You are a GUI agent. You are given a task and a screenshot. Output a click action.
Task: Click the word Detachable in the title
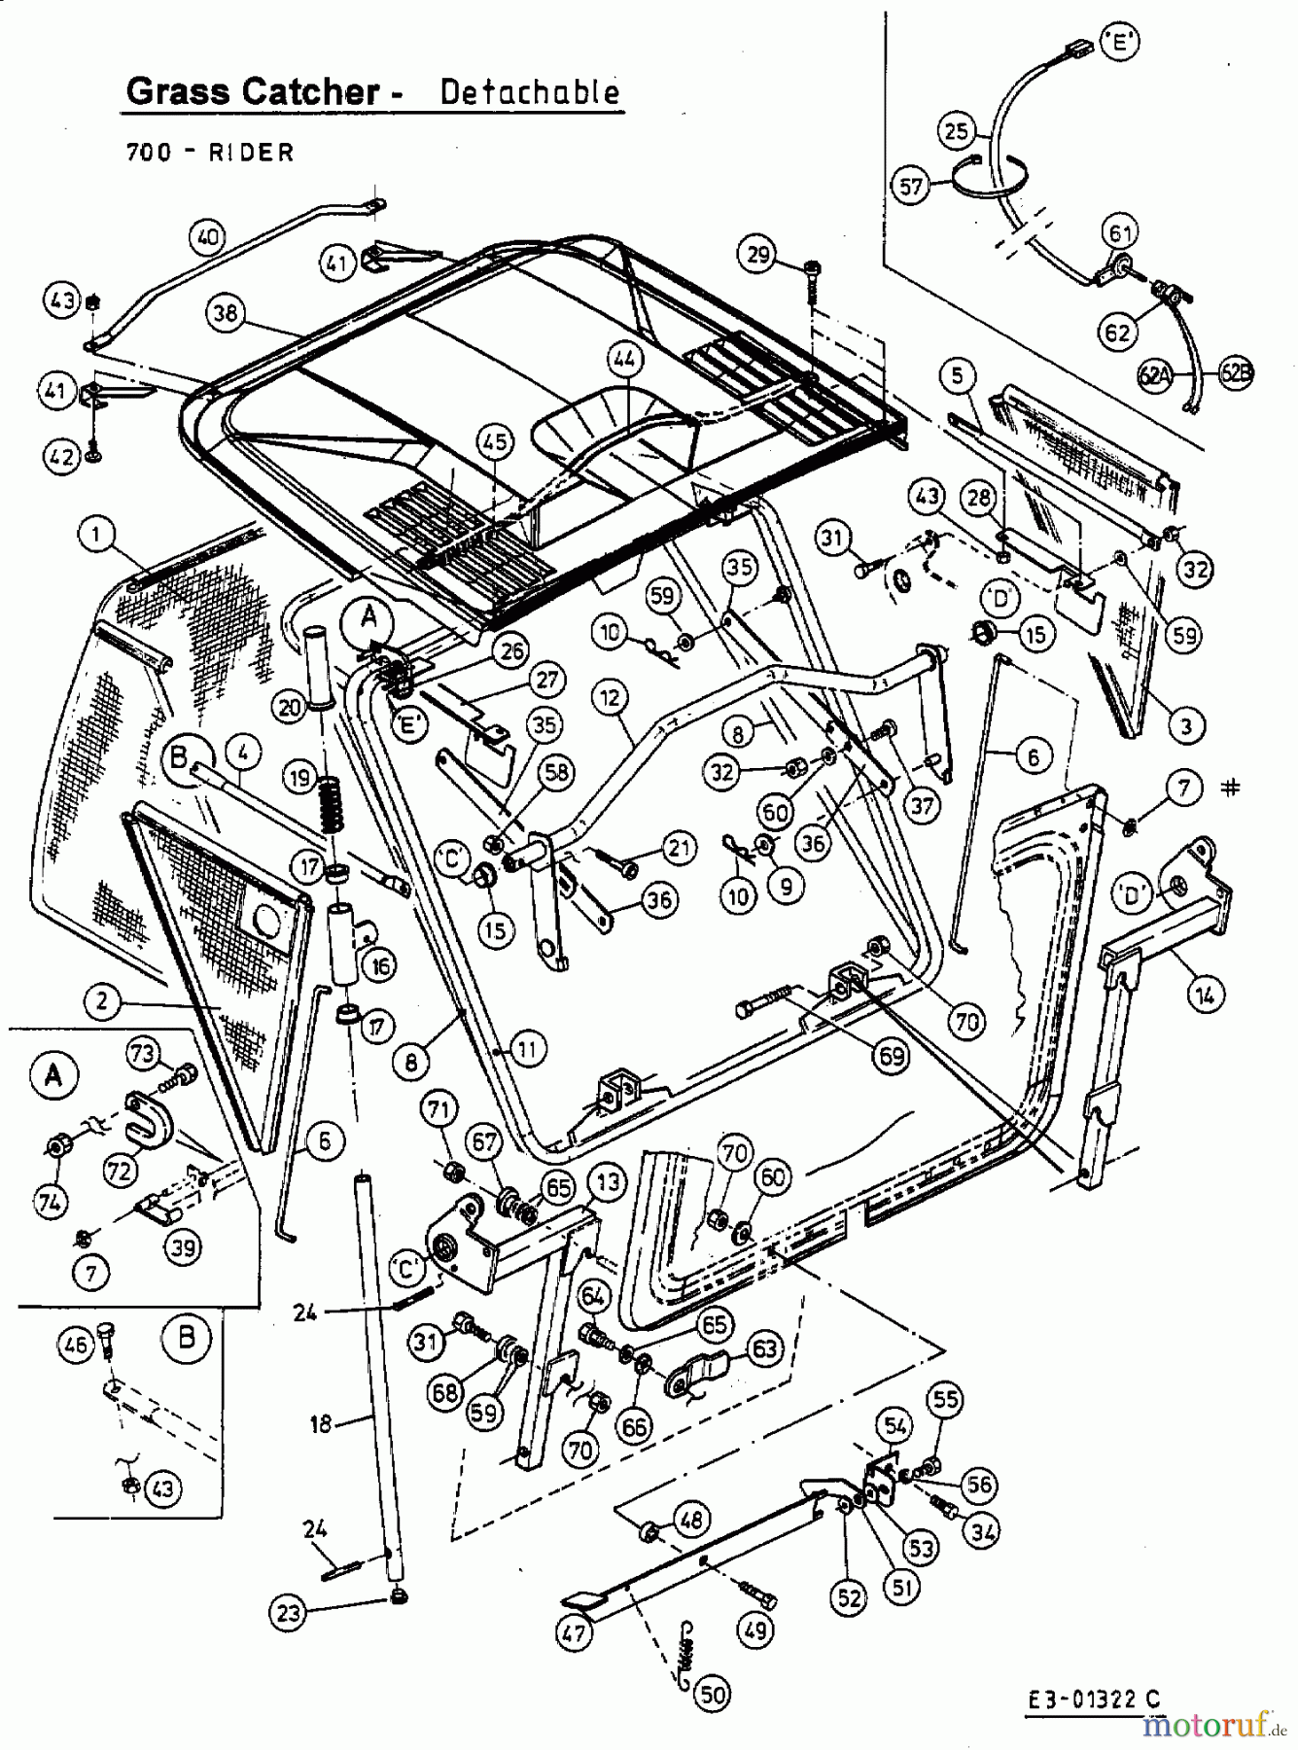tap(529, 91)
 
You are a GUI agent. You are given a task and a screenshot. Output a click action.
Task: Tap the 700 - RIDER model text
tap(210, 152)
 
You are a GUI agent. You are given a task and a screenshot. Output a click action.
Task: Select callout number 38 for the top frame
tap(226, 312)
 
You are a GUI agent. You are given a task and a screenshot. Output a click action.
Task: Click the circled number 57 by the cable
tap(911, 185)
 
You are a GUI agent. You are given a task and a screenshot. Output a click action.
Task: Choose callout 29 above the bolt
tap(759, 255)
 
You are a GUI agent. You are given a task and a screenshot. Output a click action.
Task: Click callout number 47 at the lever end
tap(575, 1631)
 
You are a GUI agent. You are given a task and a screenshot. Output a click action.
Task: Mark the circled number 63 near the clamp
tap(762, 1347)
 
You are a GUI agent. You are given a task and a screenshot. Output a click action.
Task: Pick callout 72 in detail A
tap(119, 1172)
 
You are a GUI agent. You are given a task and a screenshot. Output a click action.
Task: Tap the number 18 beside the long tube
tap(321, 1423)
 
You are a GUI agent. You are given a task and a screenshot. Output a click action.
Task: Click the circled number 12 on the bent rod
tap(609, 696)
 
